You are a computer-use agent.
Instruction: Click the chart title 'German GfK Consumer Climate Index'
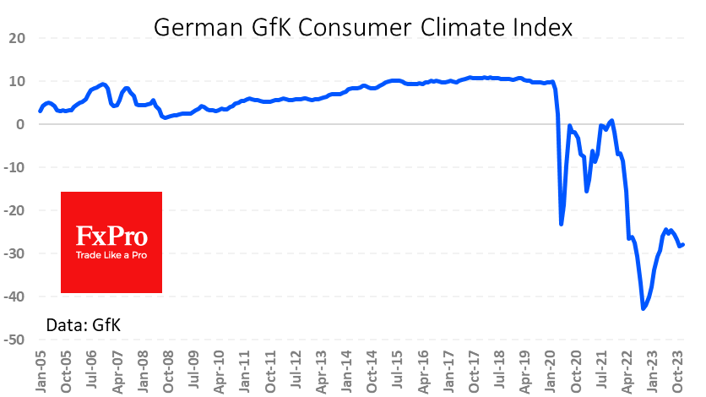tap(363, 27)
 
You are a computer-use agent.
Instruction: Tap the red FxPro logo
tap(111, 242)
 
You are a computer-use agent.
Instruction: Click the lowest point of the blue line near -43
tap(644, 309)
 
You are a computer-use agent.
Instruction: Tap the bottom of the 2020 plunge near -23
tap(562, 224)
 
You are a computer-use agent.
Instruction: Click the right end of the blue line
tap(683, 244)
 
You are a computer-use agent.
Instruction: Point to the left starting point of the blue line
tap(40, 111)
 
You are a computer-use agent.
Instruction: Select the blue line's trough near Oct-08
tap(166, 117)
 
